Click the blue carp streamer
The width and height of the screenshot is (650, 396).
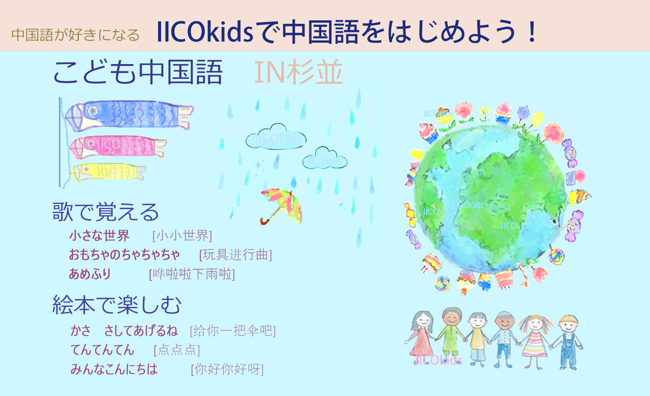(x=129, y=115)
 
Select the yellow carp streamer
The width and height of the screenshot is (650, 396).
(x=108, y=172)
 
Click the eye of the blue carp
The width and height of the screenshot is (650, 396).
(x=93, y=110)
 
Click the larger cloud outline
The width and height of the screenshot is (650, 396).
(x=276, y=137)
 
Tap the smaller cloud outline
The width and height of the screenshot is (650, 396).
(x=325, y=158)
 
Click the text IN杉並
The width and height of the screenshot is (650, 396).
(x=299, y=72)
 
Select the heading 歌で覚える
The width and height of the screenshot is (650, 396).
(x=105, y=212)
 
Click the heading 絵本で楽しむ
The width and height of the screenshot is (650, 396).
(x=116, y=305)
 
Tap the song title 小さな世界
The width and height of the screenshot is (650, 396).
(x=99, y=235)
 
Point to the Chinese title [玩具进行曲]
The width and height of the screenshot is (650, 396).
(x=236, y=255)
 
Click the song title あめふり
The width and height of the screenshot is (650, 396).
(x=90, y=274)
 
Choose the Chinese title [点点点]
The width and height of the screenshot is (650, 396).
(x=177, y=350)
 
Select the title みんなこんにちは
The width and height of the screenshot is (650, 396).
(x=114, y=369)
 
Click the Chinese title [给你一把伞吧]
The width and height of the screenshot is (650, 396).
(x=233, y=331)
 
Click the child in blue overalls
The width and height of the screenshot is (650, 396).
(x=568, y=342)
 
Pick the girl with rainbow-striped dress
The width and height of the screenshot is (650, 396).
(x=535, y=341)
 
